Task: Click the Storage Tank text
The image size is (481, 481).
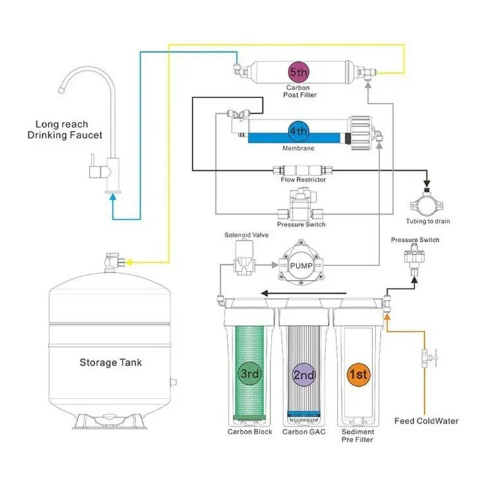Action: click(x=111, y=362)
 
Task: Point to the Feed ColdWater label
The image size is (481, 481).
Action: click(x=426, y=420)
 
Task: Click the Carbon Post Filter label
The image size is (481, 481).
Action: click(x=301, y=92)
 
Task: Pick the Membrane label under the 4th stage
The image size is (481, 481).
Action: click(x=298, y=149)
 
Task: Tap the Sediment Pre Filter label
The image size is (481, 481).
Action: click(x=358, y=436)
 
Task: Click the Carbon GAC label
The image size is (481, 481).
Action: click(x=304, y=432)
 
